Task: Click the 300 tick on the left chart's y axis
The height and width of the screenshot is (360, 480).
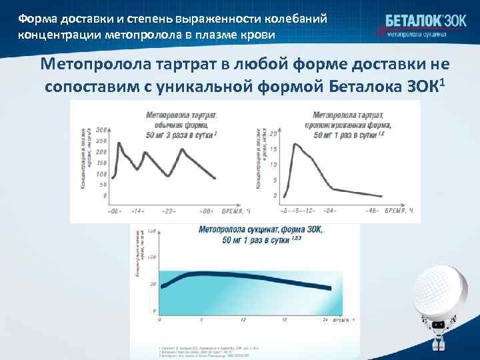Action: [101, 129]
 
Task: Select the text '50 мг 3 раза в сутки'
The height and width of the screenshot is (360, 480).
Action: [179, 135]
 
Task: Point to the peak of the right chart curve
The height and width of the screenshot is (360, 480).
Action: [294, 144]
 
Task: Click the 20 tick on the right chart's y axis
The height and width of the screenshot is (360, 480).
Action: [273, 133]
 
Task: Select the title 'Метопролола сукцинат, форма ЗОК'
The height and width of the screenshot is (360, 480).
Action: [260, 230]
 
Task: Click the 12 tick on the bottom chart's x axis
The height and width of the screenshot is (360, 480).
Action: [243, 320]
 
